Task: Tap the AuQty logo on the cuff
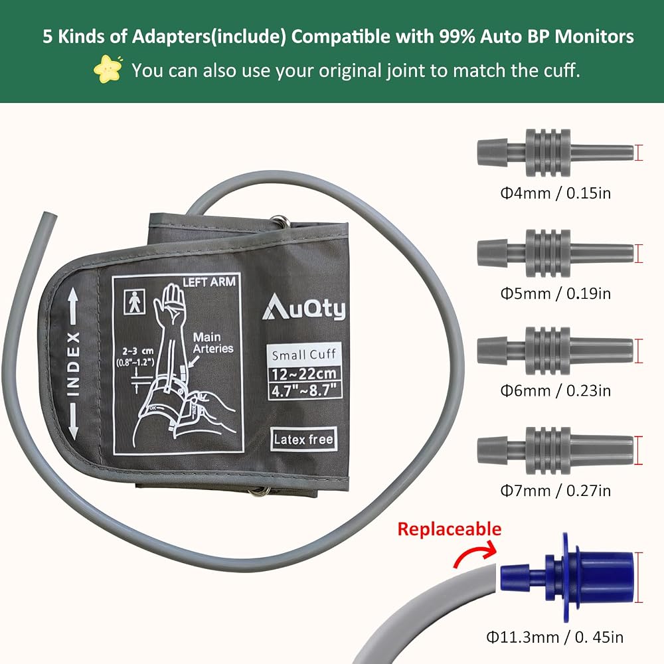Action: [x=303, y=307]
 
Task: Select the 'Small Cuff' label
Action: [x=304, y=355]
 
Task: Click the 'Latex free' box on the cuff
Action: [x=303, y=439]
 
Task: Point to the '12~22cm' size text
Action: [x=305, y=374]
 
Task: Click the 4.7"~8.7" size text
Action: [x=305, y=390]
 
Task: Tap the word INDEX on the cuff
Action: [x=73, y=364]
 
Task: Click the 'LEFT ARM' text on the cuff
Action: [x=208, y=282]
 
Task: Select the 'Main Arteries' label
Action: [x=213, y=343]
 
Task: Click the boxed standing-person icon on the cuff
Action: [x=134, y=301]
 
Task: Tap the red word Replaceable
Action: [x=450, y=529]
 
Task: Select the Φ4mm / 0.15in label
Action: [x=556, y=193]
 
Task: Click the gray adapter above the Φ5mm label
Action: [x=555, y=253]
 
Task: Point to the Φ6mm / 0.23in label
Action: [x=556, y=390]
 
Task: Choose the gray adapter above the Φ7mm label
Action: [x=555, y=451]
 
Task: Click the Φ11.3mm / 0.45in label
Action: [x=554, y=637]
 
